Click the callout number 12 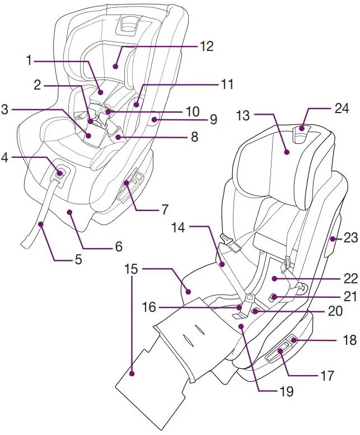[206, 46]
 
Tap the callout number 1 [29, 60]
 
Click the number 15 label [131, 269]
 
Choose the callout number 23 [350, 238]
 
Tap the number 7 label [165, 209]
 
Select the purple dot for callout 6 [69, 212]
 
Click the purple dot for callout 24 [302, 129]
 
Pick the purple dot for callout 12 [116, 66]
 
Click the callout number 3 [5, 110]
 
